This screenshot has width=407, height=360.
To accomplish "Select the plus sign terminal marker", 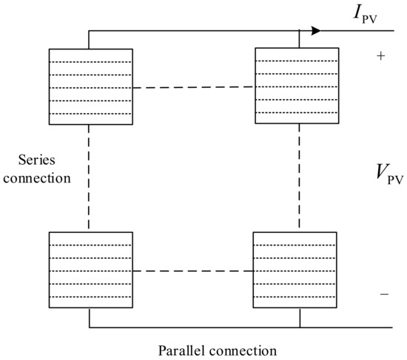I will tap(381, 56).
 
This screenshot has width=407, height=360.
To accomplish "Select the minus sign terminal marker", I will tap(383, 293).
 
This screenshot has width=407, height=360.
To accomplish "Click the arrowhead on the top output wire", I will tap(316, 31).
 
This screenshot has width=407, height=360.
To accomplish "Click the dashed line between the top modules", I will tap(194, 88).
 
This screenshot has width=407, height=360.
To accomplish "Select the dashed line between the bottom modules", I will tap(194, 271).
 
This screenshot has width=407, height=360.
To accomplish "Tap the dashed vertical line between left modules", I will tap(89, 178).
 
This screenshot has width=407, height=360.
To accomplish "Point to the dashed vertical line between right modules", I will tap(299, 178).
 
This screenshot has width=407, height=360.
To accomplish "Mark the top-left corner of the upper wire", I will tap(89, 31).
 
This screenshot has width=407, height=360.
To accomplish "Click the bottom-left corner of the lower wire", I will tap(89, 326).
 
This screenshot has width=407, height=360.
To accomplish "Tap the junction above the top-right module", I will tap(299, 31).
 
